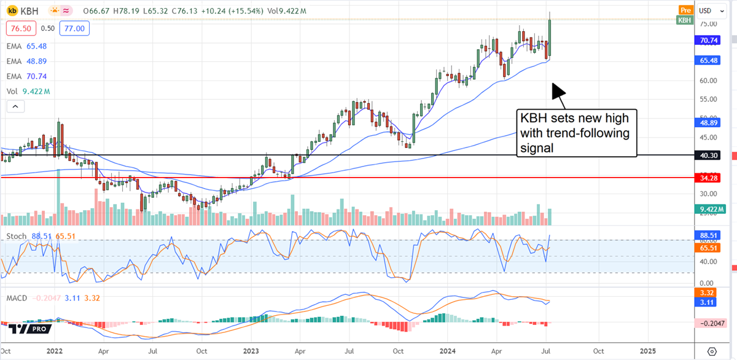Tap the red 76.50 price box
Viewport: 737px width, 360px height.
click(18, 28)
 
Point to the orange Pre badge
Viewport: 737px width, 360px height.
click(685, 9)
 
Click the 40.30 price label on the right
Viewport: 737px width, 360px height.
click(711, 155)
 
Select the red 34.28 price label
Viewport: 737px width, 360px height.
click(711, 177)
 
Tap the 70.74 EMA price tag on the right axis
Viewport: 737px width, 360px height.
click(711, 41)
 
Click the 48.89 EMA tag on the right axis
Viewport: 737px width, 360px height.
click(711, 122)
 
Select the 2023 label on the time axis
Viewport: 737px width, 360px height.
click(252, 350)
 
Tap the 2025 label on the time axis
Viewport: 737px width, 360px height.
click(648, 350)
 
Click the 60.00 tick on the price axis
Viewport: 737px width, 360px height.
click(708, 80)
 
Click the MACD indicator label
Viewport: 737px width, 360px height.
click(17, 299)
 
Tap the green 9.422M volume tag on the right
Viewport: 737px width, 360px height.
click(711, 210)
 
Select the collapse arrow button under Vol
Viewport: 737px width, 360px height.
click(16, 107)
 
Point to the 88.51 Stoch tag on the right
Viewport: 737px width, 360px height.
click(711, 235)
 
